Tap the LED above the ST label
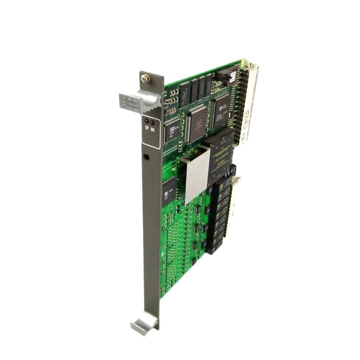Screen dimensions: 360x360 (146, 121)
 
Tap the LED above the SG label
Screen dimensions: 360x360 (152, 121)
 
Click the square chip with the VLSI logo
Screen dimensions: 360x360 (221, 108)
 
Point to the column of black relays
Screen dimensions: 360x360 (218, 216)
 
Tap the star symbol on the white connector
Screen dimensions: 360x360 (246, 136)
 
